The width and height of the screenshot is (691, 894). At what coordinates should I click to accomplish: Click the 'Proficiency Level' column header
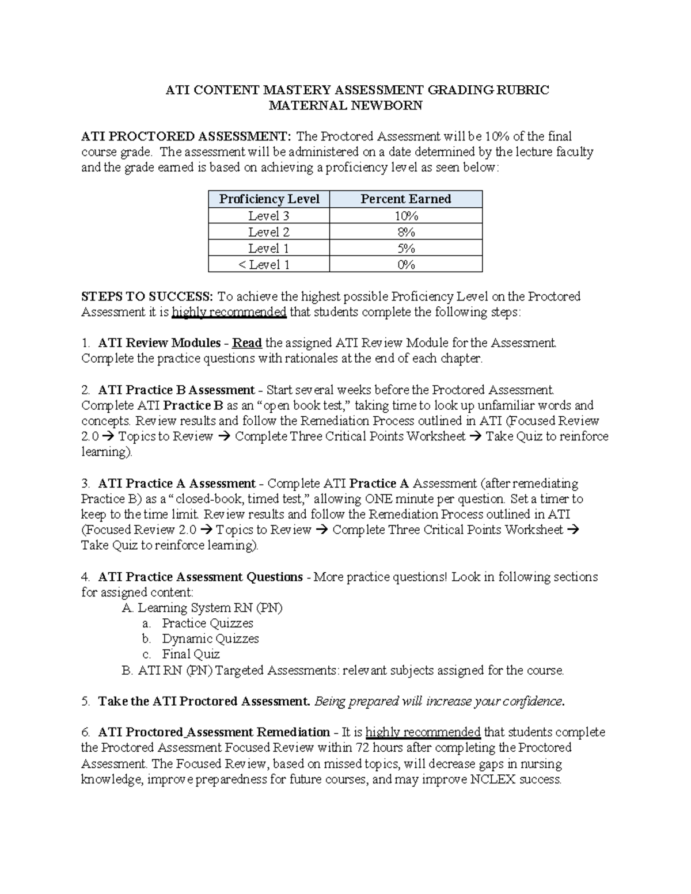click(x=269, y=199)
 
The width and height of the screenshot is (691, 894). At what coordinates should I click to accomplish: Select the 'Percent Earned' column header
click(x=405, y=199)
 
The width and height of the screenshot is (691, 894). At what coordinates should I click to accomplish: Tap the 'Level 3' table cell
click(x=269, y=216)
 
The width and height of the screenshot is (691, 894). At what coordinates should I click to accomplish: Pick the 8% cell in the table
click(x=405, y=232)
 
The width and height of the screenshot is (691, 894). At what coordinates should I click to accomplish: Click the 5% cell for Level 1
click(x=405, y=248)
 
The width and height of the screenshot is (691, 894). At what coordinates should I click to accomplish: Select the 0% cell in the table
click(x=405, y=265)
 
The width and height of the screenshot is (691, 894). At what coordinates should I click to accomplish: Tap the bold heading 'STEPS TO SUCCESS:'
click(x=147, y=296)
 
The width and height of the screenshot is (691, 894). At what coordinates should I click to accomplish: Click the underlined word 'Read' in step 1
click(x=247, y=343)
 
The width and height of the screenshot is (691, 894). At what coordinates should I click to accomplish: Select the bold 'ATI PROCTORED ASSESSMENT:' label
click(x=186, y=136)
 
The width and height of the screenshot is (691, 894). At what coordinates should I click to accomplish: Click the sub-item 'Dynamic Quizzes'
click(x=210, y=638)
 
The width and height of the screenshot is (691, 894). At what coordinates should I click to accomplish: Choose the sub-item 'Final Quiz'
click(x=191, y=654)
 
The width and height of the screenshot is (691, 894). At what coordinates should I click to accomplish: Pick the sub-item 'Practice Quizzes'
click(x=207, y=623)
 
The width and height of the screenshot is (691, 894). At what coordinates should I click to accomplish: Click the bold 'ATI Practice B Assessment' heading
click(x=176, y=390)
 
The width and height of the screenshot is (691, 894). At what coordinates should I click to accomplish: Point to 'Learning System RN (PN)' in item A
click(x=210, y=607)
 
